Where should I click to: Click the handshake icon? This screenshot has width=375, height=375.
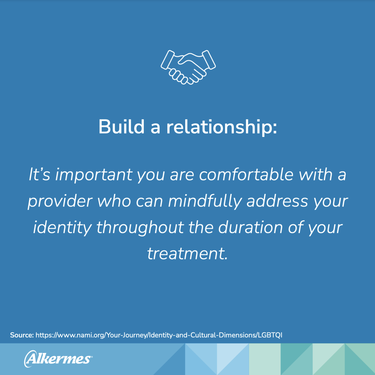tap(188, 67)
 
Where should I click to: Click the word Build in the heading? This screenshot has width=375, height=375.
tap(121, 127)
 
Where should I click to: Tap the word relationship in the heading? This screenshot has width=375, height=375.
tap(221, 127)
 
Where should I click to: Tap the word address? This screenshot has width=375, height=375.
tap(277, 201)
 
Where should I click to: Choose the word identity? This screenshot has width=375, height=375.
tap(62, 228)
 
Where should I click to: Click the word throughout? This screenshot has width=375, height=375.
tap(140, 228)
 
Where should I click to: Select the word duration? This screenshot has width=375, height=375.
tap(250, 227)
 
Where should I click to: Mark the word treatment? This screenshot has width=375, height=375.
tap(187, 254)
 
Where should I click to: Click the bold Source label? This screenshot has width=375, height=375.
tap(22, 335)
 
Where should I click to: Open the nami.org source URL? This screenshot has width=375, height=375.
tap(159, 335)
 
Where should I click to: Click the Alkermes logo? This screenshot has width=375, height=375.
tap(58, 359)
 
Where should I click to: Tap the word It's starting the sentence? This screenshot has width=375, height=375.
tap(40, 174)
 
